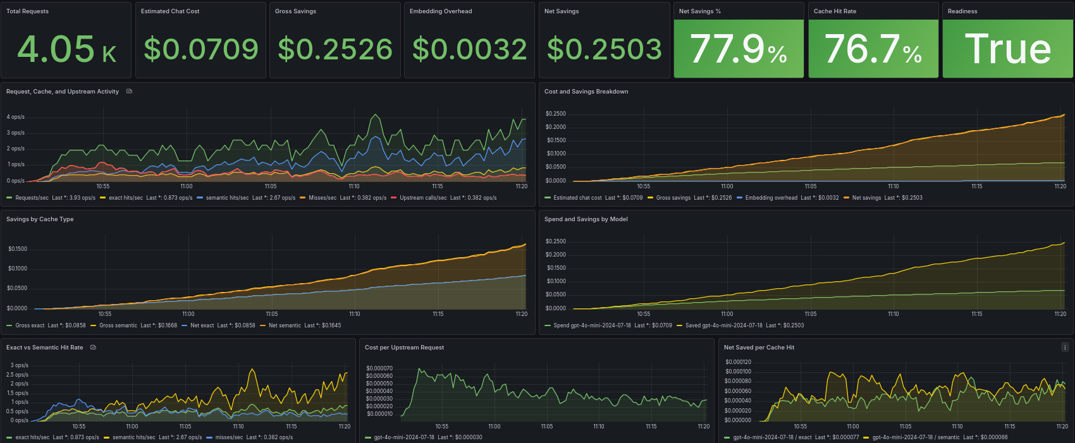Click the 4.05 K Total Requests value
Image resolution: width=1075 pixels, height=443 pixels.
pyautogui.click(x=66, y=49)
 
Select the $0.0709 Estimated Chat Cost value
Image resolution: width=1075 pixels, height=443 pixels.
pyautogui.click(x=201, y=49)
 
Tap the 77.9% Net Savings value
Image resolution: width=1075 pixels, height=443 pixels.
pyautogui.click(x=739, y=49)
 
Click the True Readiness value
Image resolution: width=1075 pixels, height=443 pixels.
pyautogui.click(x=1008, y=49)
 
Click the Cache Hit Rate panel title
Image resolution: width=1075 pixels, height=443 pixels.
pyautogui.click(x=835, y=11)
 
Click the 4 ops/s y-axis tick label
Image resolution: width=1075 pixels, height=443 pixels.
pyautogui.click(x=15, y=117)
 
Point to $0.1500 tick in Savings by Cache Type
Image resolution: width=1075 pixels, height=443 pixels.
pyautogui.click(x=18, y=249)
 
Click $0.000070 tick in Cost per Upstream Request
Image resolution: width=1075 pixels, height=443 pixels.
pyautogui.click(x=379, y=368)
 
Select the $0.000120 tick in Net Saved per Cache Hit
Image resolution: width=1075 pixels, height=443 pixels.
pyautogui.click(x=738, y=362)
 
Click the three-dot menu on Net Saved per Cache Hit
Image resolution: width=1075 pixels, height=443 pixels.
pyautogui.click(x=1064, y=347)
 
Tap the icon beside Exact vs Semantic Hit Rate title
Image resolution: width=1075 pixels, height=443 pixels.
pyautogui.click(x=93, y=347)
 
